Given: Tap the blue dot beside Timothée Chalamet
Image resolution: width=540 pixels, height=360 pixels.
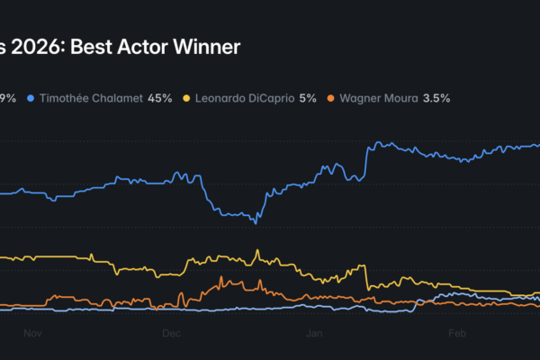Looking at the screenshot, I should point(31,97).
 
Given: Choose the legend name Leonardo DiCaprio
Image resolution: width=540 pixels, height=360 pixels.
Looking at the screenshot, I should point(244,97).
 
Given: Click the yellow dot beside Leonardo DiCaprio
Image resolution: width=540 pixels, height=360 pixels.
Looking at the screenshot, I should point(186,97).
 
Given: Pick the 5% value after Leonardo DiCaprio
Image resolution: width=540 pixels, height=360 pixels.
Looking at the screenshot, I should point(308,97).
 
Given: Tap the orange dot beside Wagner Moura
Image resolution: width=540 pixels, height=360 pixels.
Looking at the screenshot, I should point(330,97).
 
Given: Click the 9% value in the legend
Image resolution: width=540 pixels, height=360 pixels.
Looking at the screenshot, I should point(8,97).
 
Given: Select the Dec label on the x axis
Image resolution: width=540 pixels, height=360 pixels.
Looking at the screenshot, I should point(171,333).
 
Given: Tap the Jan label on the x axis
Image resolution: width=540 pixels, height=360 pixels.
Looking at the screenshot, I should point(314,333).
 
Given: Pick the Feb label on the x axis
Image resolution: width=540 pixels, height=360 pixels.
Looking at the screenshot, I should point(456,333).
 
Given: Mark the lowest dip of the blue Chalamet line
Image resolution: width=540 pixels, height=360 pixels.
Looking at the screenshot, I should point(256,222).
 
